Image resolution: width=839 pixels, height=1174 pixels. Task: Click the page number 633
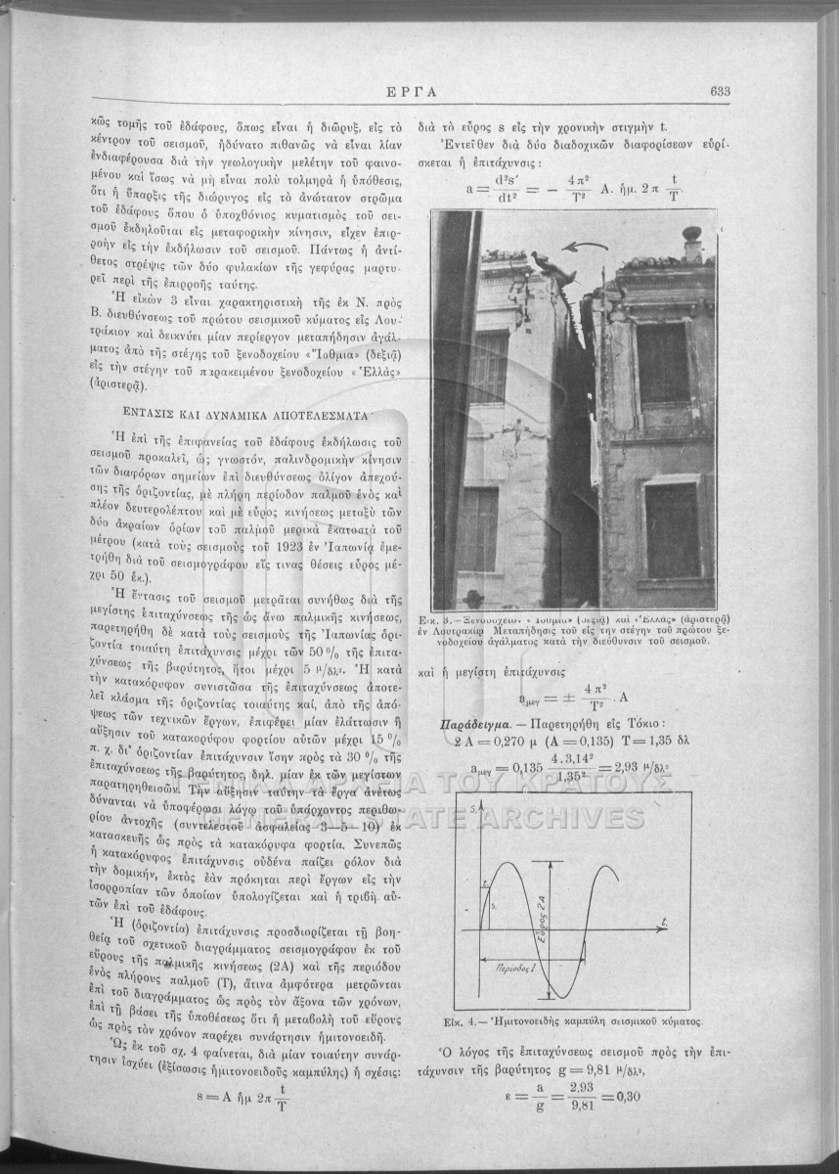[x=722, y=92]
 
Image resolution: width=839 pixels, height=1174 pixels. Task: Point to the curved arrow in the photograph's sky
[x=587, y=250]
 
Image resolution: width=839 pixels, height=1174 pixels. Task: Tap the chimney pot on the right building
[x=693, y=240]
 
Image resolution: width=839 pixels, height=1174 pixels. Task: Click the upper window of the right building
[x=663, y=364]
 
